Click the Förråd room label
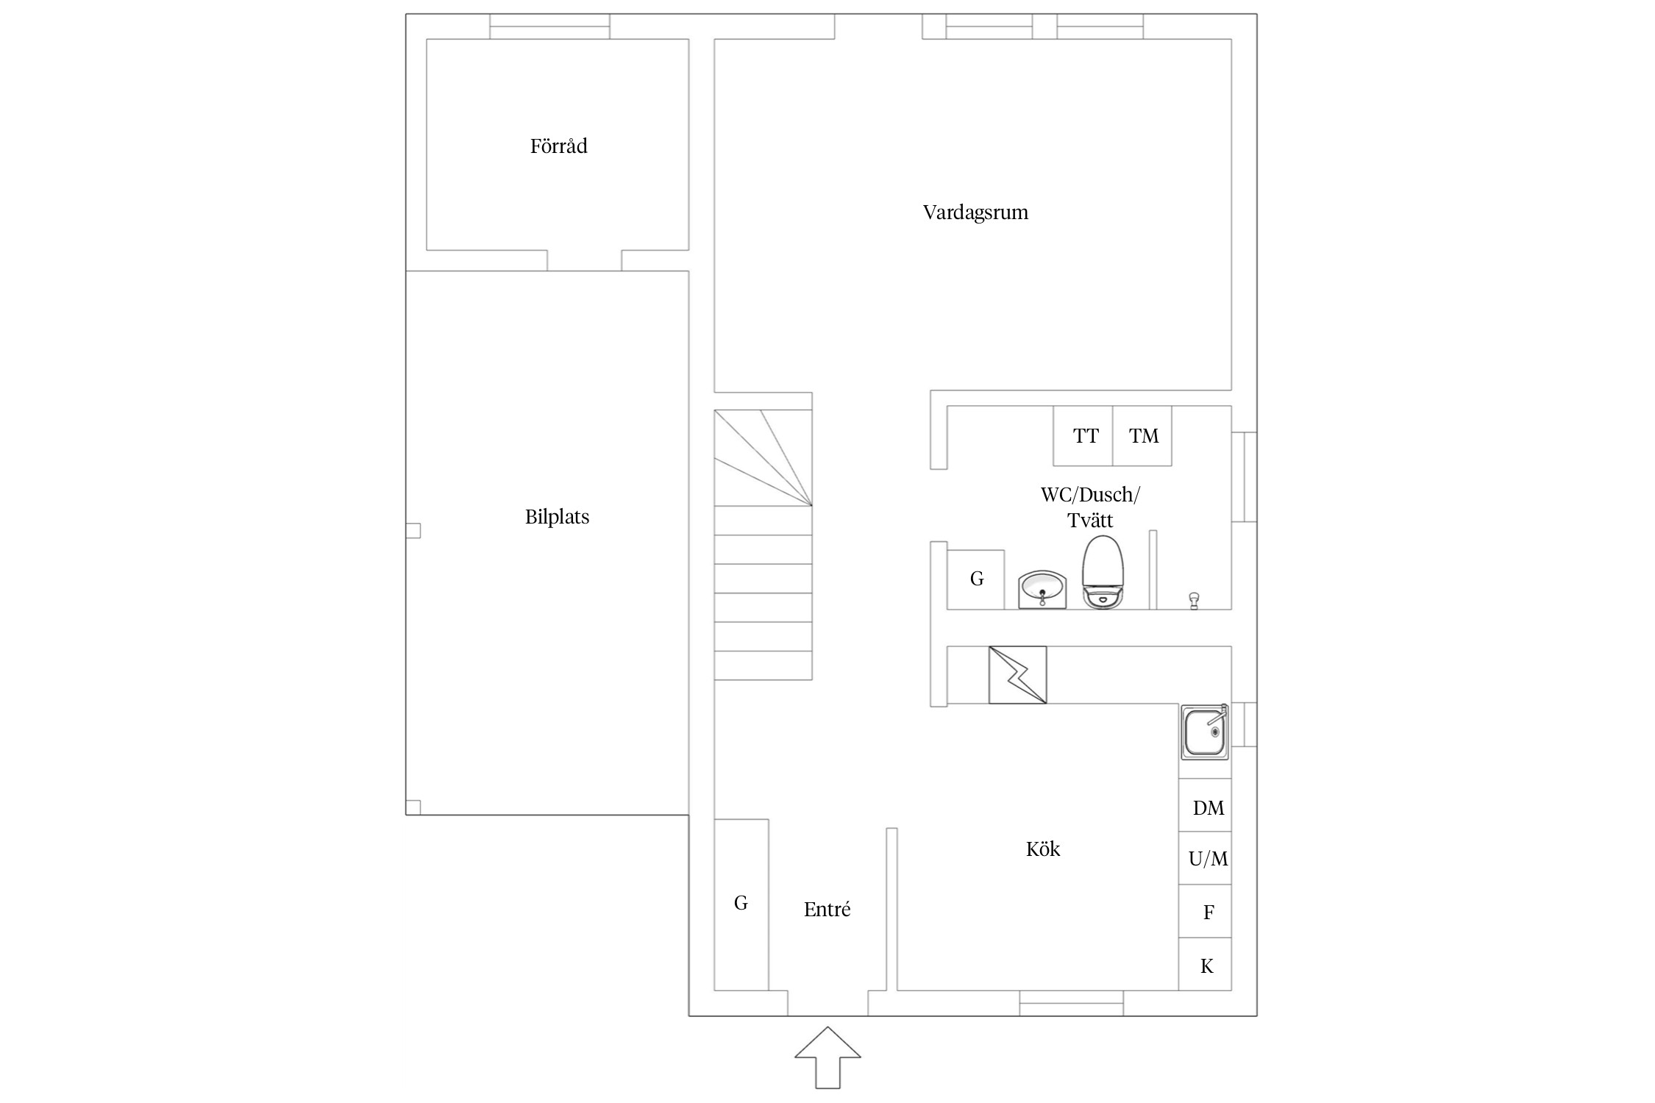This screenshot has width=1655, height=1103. tap(558, 146)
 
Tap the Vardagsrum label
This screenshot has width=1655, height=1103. tap(975, 213)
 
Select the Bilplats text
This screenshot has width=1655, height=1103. tap(557, 517)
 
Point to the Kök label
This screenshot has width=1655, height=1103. tap(1043, 849)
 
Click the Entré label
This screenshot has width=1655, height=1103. tap(827, 910)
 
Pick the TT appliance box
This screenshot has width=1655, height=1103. tap(1083, 436)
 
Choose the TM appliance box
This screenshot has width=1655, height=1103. tap(1142, 436)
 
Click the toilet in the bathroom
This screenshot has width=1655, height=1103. tap(1103, 572)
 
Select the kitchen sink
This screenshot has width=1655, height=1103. tap(1205, 732)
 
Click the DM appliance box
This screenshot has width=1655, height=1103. tap(1205, 805)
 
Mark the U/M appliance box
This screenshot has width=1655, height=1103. tap(1205, 858)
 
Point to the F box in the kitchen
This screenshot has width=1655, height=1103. tap(1205, 911)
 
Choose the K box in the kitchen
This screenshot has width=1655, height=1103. tap(1205, 964)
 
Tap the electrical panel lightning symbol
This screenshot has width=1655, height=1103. tap(1018, 675)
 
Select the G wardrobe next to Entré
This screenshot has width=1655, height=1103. tap(741, 904)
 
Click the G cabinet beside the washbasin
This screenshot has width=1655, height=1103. tap(976, 579)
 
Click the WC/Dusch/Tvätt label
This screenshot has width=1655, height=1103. tap(1090, 507)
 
